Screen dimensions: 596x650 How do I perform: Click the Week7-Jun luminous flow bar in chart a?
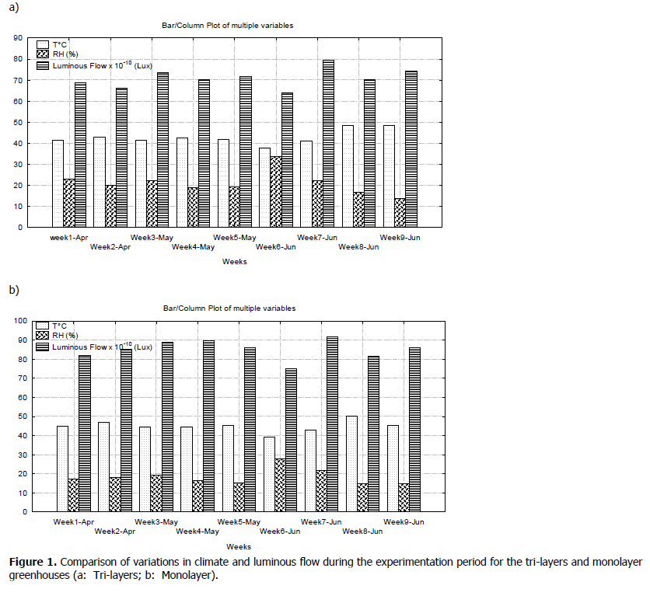[x=328, y=144]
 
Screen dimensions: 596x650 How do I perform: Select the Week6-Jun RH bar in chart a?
[x=276, y=192]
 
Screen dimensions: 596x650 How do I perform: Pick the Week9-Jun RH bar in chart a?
[x=400, y=213]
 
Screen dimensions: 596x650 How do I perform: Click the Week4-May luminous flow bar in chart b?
[x=208, y=426]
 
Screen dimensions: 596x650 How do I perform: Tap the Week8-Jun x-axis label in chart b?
[x=361, y=532]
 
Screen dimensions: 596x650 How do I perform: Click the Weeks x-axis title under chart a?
[x=233, y=262]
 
